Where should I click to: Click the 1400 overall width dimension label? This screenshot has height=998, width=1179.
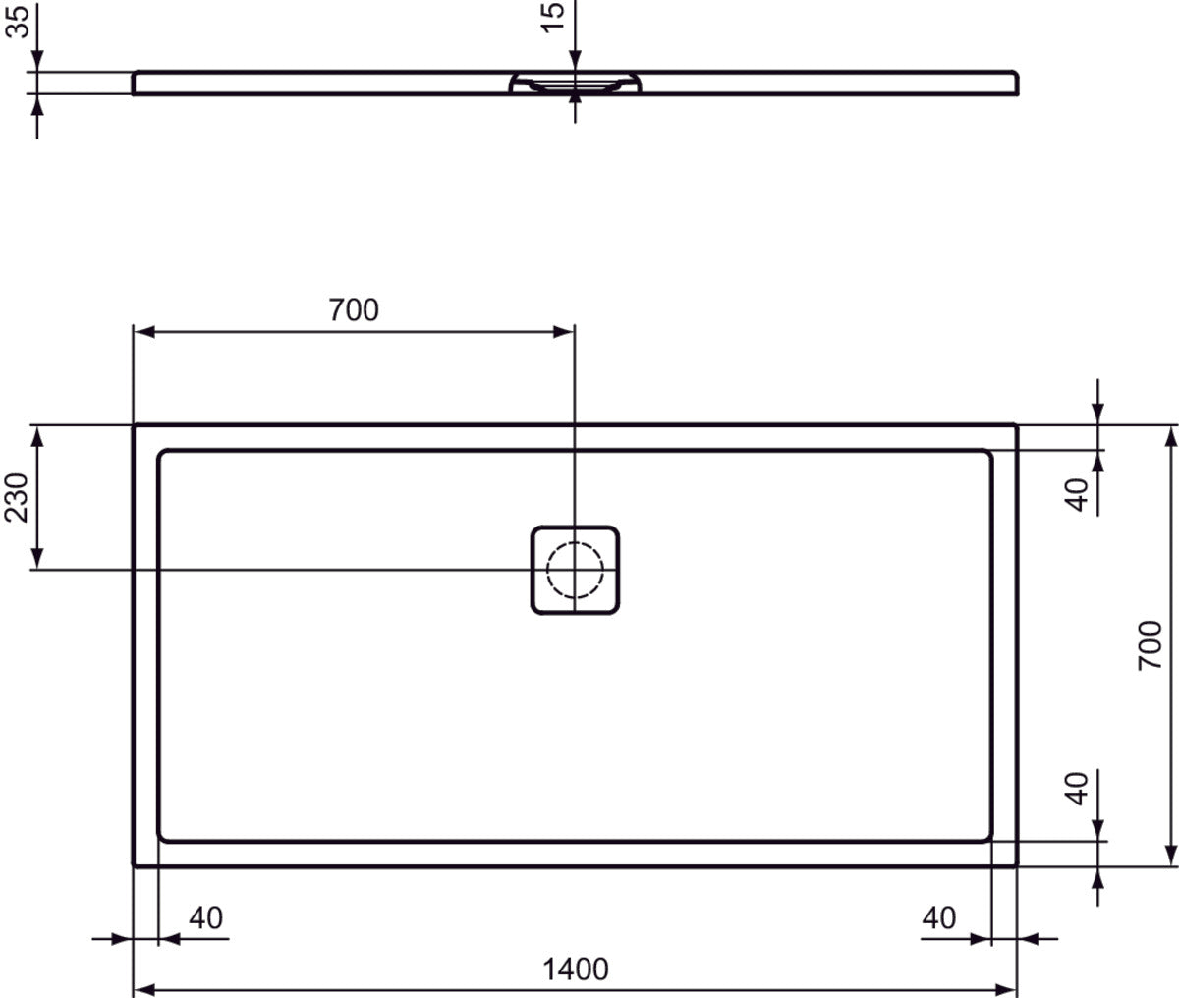576,970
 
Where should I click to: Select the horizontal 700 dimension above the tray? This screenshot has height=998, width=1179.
353,309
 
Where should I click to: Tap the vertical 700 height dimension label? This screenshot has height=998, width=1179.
1150,645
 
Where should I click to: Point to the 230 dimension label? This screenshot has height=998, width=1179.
17,498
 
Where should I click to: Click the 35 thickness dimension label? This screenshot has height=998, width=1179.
17,20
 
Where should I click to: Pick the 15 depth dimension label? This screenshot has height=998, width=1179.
553,17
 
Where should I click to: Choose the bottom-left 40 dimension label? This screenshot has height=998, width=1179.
205,917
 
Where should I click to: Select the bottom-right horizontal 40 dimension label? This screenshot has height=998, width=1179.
939,917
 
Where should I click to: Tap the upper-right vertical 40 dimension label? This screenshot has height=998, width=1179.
1078,494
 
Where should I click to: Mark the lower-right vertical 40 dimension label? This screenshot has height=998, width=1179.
1078,788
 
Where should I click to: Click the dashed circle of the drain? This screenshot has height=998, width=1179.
576,570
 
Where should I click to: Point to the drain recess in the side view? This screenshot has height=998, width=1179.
576,84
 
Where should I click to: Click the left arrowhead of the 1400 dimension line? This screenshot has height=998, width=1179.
140,986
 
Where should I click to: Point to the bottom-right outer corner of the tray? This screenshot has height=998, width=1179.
1017,865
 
